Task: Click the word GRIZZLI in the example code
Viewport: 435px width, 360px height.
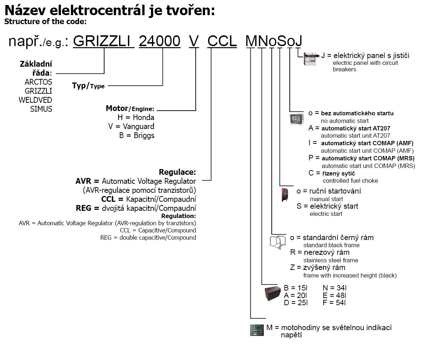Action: click(103, 41)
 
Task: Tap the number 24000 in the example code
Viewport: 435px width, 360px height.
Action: click(160, 41)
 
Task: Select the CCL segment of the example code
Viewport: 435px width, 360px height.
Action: click(222, 41)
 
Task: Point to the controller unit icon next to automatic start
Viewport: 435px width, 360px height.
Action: click(297, 119)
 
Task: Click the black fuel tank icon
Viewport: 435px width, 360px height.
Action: click(272, 294)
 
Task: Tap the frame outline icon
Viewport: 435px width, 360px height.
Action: click(278, 242)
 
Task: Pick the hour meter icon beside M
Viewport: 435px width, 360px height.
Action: click(257, 330)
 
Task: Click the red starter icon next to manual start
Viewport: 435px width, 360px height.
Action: click(285, 195)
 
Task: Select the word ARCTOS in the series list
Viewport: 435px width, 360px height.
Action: click(38, 82)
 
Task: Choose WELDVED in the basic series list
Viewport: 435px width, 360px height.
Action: click(35, 100)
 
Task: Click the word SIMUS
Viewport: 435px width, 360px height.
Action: click(41, 109)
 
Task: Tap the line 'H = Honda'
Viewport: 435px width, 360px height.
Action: click(136, 117)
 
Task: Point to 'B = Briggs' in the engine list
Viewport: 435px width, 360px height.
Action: click(137, 135)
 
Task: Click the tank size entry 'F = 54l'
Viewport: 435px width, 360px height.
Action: click(334, 303)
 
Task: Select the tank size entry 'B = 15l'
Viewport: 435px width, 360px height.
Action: click(296, 288)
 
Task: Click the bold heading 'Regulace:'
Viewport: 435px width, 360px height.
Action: click(177, 172)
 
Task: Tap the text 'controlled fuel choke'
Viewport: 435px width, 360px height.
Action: click(350, 181)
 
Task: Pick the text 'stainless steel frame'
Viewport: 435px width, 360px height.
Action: click(330, 260)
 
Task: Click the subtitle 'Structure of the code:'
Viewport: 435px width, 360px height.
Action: click(45, 21)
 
